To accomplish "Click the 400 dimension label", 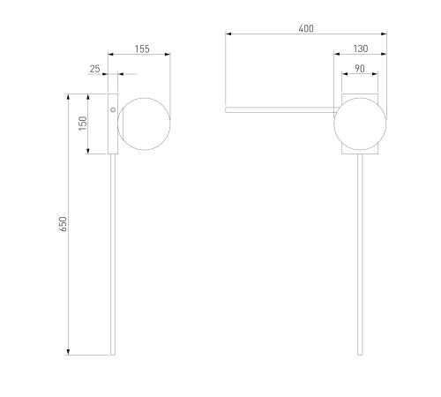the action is [x=306, y=28].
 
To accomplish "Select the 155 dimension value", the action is [x=142, y=49].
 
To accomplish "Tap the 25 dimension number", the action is [x=94, y=69].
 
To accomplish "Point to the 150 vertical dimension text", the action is [x=83, y=124].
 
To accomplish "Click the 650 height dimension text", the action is [x=63, y=224].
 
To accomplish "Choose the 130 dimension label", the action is [x=361, y=49].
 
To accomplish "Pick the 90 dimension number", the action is [x=360, y=69].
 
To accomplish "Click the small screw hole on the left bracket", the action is [x=113, y=109].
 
